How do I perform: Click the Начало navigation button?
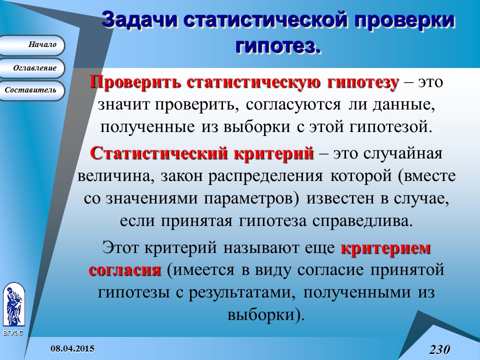(32, 45)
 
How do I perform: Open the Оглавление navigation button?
(32, 68)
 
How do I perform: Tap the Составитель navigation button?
(32, 90)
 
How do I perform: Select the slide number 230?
(439, 349)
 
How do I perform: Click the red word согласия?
(125, 270)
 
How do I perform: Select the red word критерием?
(385, 247)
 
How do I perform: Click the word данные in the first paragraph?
(399, 105)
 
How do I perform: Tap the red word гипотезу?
(355, 82)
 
